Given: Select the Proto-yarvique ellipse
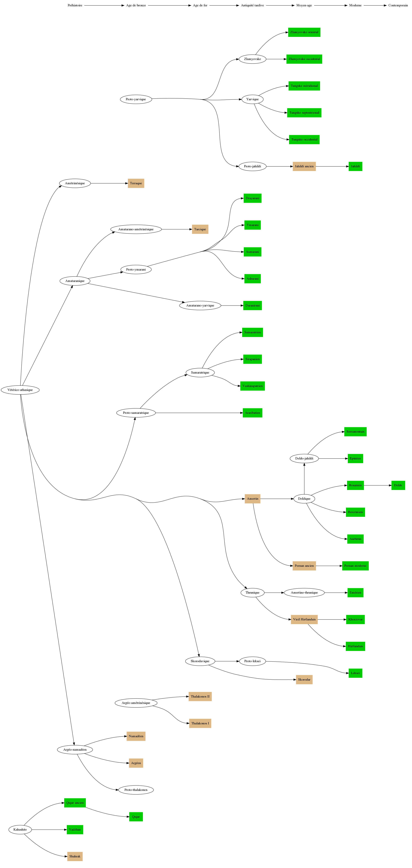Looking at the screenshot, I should pyautogui.click(x=136, y=99).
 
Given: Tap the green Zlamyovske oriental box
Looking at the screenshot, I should pyautogui.click(x=304, y=32).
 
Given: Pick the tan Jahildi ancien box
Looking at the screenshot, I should pyautogui.click(x=304, y=166).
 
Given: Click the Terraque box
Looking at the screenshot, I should pyautogui.click(x=136, y=183).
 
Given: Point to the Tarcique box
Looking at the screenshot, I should pyautogui.click(x=200, y=230).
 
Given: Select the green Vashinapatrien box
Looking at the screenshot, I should pyautogui.click(x=253, y=386).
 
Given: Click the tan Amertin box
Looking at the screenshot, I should pyautogui.click(x=253, y=499).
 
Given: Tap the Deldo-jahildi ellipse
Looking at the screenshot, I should pyautogui.click(x=304, y=459).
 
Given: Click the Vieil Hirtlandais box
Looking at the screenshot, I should pyautogui.click(x=304, y=619).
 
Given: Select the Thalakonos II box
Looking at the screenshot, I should pyautogui.click(x=200, y=696).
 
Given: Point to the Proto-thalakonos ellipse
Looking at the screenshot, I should pyautogui.click(x=136, y=790).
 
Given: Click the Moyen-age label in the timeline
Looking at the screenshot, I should pyautogui.click(x=304, y=5).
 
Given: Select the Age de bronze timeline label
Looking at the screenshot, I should pyautogui.click(x=136, y=5).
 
